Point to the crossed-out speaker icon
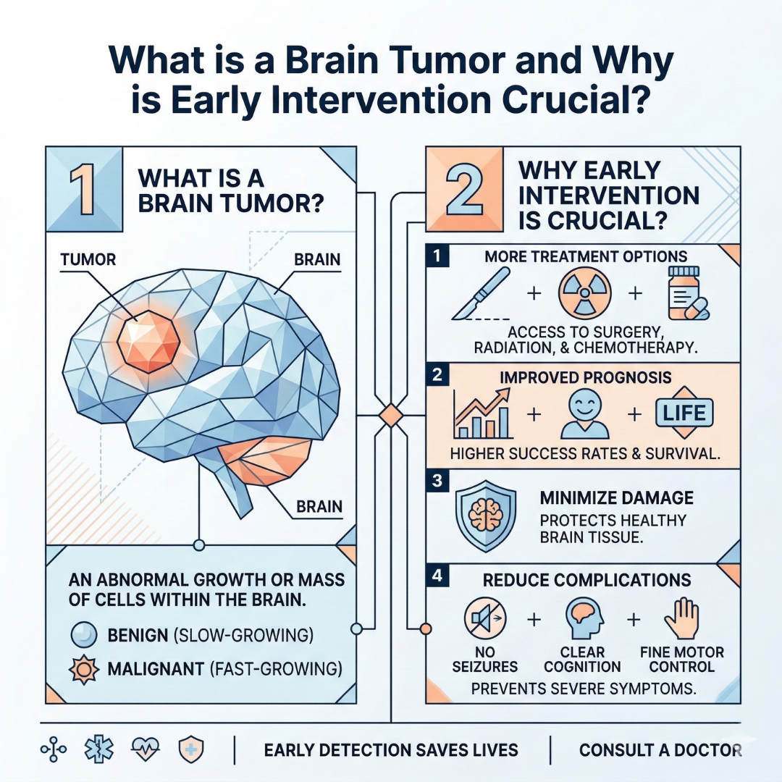click(484, 619)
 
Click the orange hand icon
click(680, 619)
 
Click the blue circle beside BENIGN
click(82, 636)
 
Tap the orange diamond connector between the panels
click(390, 416)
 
